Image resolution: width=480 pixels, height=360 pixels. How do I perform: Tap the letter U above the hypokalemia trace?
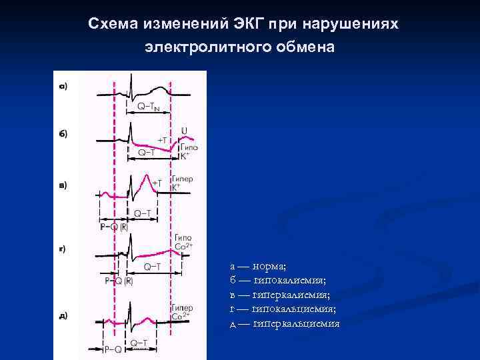click(x=183, y=130)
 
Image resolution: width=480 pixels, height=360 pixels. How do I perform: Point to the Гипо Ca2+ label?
click(x=183, y=241)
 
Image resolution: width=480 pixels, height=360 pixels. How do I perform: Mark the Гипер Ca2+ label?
click(x=182, y=312)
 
